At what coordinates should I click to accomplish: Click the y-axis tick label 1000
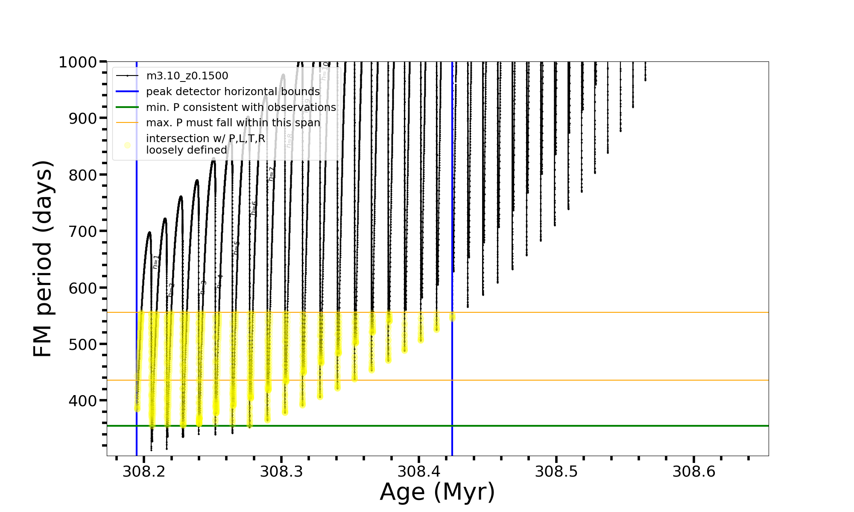(x=78, y=62)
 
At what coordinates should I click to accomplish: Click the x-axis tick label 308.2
(x=144, y=472)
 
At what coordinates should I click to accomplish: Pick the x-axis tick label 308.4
(x=419, y=472)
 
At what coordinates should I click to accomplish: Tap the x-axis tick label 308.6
(x=694, y=472)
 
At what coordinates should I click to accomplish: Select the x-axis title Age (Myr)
(x=437, y=492)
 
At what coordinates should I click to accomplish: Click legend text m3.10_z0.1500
(x=187, y=76)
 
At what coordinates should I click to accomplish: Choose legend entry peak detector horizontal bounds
(x=233, y=92)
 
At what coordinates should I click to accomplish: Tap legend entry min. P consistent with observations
(x=241, y=108)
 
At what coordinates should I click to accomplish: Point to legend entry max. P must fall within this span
(x=233, y=123)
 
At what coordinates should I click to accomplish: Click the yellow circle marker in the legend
(x=127, y=145)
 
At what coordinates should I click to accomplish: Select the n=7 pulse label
(x=271, y=174)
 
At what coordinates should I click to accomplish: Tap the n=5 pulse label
(x=236, y=248)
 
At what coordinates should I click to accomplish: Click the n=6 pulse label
(x=254, y=208)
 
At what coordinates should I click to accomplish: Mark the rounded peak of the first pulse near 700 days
(x=149, y=233)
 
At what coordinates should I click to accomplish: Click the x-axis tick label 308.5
(x=556, y=472)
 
